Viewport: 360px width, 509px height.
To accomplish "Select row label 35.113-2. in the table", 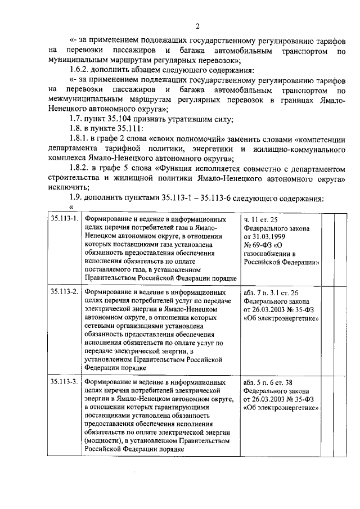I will click(x=64, y=293).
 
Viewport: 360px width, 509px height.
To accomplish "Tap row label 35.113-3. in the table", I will click(x=64, y=381).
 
